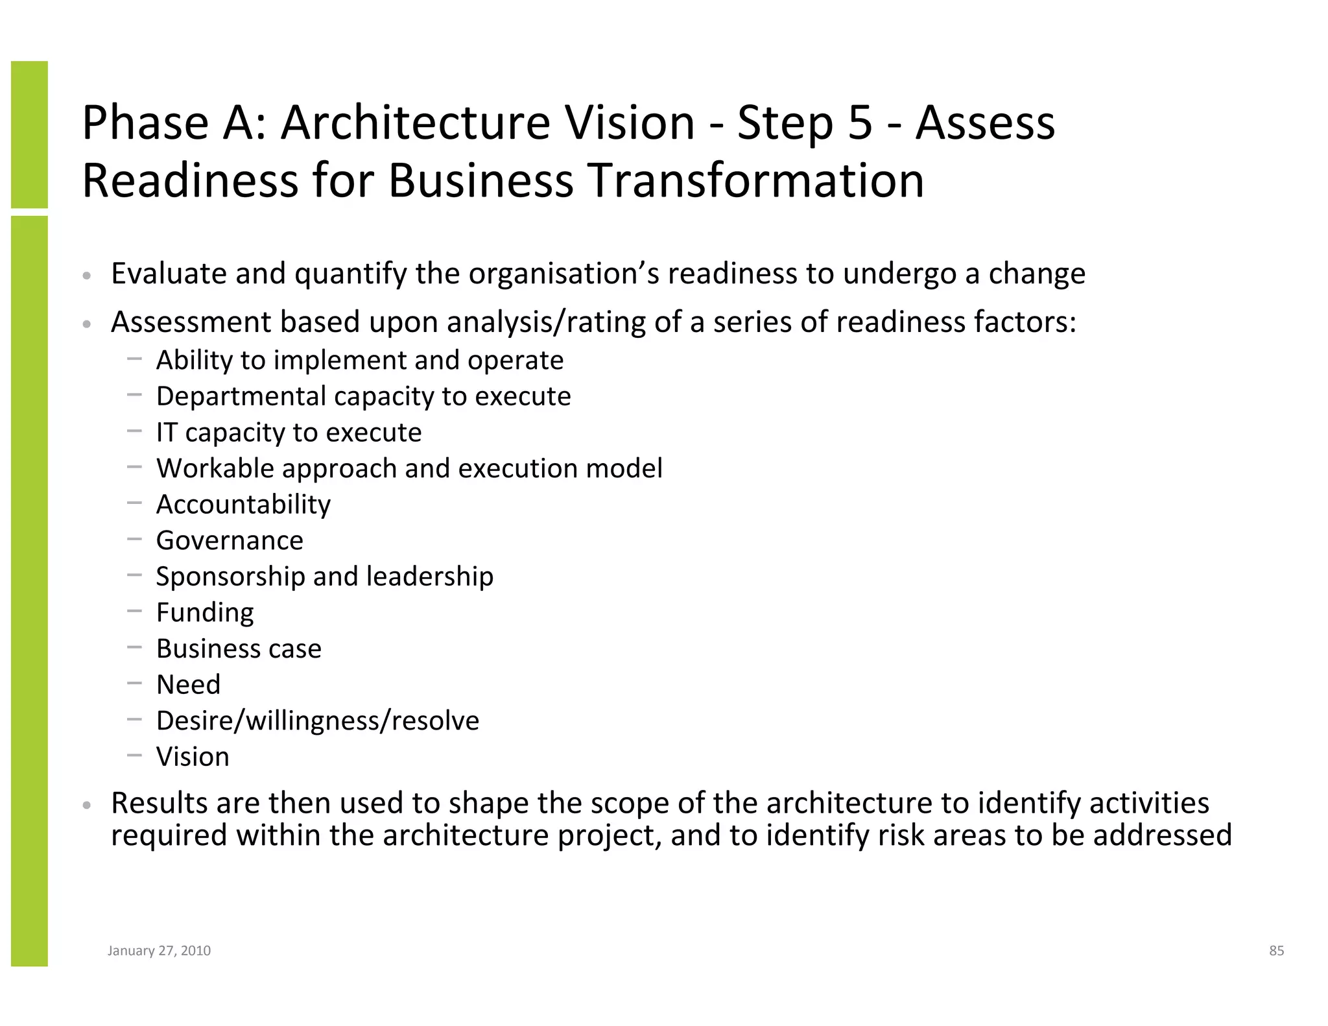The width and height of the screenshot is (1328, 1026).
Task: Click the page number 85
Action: pyautogui.click(x=1276, y=951)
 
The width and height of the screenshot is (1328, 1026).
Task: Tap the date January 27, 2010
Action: pyautogui.click(x=159, y=951)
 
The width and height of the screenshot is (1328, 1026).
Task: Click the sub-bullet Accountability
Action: pyautogui.click(x=243, y=505)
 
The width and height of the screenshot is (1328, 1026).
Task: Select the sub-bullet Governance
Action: pyautogui.click(x=230, y=540)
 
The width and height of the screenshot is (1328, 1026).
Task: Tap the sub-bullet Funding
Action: pyautogui.click(x=205, y=613)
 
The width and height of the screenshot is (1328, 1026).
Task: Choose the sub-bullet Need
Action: pyautogui.click(x=188, y=685)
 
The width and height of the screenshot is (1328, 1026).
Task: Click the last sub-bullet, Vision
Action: pyautogui.click(x=193, y=757)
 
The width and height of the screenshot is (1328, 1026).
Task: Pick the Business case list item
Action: pyautogui.click(x=239, y=649)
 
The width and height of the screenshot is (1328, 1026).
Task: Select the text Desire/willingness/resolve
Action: pyautogui.click(x=318, y=721)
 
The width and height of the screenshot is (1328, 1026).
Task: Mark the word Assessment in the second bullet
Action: pyautogui.click(x=191, y=322)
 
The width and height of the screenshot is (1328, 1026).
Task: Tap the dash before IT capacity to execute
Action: pyautogui.click(x=134, y=430)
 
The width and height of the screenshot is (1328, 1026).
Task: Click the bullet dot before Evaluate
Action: pyautogui.click(x=87, y=276)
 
